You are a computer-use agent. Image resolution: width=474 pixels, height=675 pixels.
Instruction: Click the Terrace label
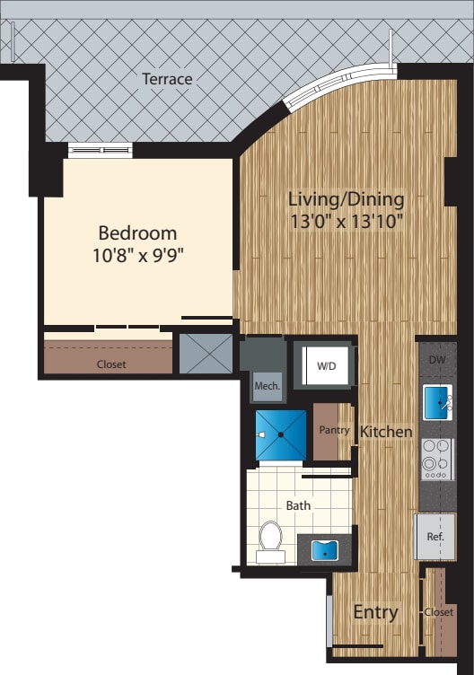tap(167, 79)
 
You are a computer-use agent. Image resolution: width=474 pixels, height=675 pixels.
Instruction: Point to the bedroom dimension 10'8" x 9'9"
tap(137, 254)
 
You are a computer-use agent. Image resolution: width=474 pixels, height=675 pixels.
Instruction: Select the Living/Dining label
tap(346, 198)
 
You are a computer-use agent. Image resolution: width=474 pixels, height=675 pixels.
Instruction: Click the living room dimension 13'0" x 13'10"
tap(346, 219)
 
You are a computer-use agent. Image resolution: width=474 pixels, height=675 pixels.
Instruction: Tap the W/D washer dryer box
tap(325, 365)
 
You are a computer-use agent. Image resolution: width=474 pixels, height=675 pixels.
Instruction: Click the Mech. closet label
tap(268, 386)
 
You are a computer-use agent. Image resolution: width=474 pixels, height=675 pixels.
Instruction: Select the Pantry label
tap(334, 430)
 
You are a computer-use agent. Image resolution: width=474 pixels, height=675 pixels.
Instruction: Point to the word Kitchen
tap(386, 432)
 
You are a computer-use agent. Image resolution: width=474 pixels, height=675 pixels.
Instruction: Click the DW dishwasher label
tap(437, 360)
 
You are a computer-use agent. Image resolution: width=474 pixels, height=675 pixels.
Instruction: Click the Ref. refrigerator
tap(435, 536)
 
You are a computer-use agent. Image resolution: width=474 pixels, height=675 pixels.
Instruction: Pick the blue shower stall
tap(281, 434)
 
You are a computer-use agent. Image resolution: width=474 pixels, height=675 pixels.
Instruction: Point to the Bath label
tap(298, 505)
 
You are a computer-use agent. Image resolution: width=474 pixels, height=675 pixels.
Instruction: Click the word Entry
tap(375, 612)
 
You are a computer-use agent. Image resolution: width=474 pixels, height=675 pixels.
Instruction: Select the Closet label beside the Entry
tap(439, 612)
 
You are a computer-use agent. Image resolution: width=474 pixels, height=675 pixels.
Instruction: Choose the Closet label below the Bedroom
tap(111, 364)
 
